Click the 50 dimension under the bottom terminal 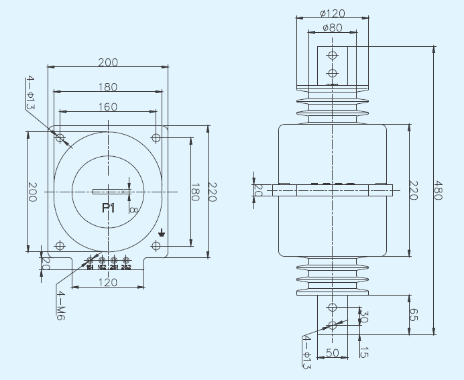pos(332,353)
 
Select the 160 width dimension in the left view pos(107,106)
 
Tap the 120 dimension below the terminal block pos(107,282)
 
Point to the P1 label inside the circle pos(108,208)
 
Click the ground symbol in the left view pos(161,234)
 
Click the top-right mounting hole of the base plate pos(156,138)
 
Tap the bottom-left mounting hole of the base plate pos(60,246)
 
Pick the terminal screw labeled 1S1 pos(90,260)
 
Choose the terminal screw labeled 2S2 pos(125,260)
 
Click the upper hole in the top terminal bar pos(332,55)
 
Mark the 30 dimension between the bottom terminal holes pos(364,316)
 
